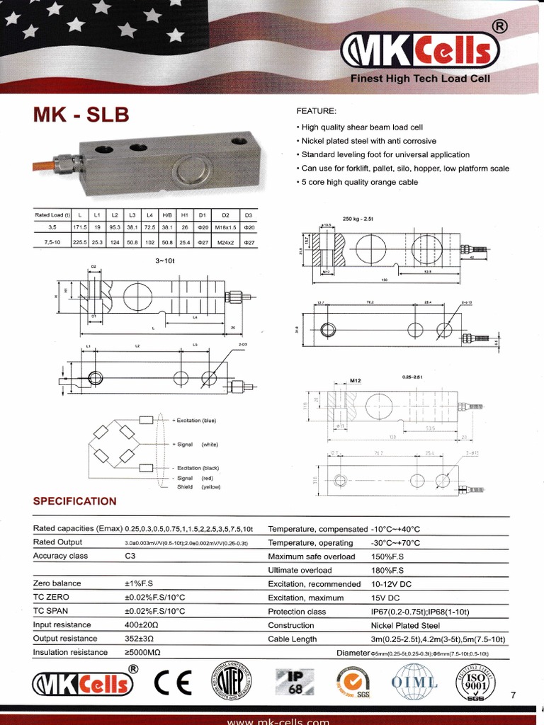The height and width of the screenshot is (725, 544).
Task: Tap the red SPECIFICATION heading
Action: click(75, 501)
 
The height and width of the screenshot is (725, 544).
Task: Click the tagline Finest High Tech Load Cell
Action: click(420, 79)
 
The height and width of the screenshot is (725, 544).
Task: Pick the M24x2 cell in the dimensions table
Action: click(225, 241)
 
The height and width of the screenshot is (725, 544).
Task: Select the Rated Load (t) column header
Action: click(53, 214)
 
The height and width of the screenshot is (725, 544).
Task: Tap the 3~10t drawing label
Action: click(164, 261)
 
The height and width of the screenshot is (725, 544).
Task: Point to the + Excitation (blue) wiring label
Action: click(195, 421)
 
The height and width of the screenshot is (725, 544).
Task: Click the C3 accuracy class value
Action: click(130, 556)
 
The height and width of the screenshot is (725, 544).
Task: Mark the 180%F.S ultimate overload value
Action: click(387, 570)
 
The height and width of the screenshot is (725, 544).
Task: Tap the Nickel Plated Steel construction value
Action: click(405, 625)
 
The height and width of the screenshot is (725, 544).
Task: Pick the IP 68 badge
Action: click(293, 683)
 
